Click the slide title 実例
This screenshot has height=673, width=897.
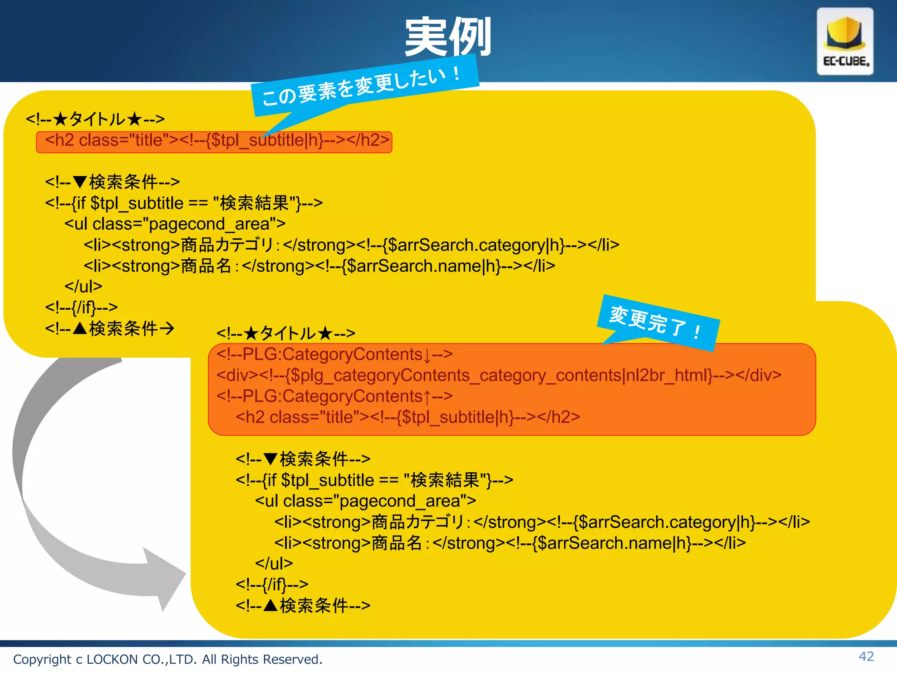click(448, 37)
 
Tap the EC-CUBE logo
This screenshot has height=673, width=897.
click(845, 42)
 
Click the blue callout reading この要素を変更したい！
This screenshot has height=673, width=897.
click(364, 86)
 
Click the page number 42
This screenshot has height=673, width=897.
click(866, 656)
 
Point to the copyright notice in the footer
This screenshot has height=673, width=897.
click(168, 659)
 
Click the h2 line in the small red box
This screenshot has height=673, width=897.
click(217, 140)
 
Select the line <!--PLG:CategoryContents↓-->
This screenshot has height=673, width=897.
click(335, 354)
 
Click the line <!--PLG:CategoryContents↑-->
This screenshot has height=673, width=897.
click(335, 396)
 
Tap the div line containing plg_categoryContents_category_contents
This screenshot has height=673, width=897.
click(498, 375)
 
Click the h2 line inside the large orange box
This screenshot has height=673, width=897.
click(407, 417)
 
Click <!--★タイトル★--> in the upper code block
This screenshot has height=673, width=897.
click(95, 119)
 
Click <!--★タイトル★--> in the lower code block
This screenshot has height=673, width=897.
click(286, 333)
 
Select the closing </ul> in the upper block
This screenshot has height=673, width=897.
click(83, 287)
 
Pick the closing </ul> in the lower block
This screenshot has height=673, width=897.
click(274, 563)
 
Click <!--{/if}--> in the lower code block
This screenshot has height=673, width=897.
click(272, 584)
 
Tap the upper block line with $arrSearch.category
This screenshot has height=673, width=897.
click(351, 245)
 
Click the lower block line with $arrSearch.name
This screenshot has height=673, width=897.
click(510, 543)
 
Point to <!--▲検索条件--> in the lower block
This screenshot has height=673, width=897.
click(303, 606)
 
